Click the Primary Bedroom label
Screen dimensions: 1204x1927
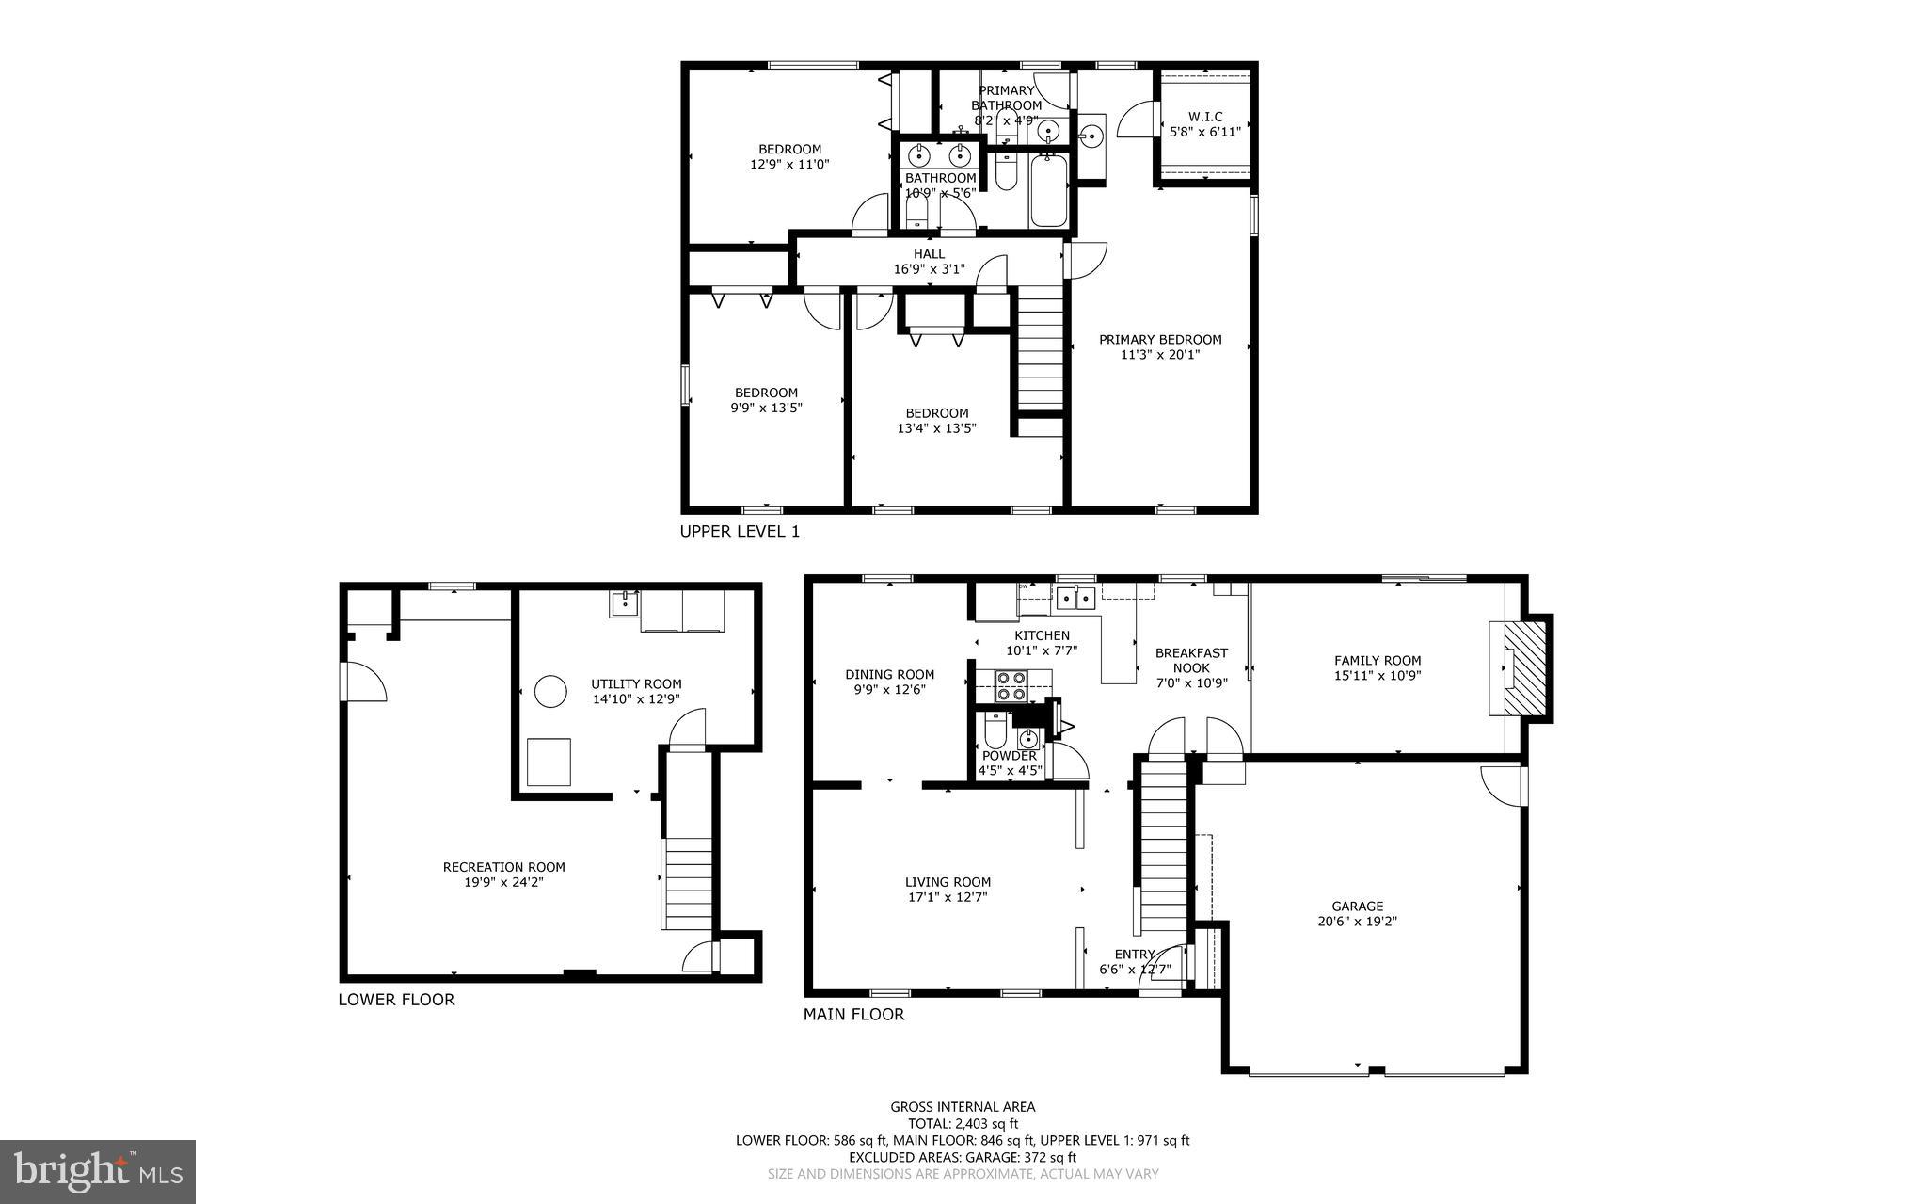click(x=1160, y=340)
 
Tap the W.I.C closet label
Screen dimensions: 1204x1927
click(x=1204, y=117)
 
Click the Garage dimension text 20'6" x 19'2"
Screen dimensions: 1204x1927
click(x=1357, y=923)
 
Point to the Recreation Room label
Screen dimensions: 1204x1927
click(x=503, y=867)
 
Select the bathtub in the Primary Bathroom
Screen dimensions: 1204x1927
click(x=1048, y=191)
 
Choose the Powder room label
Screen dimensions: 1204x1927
click(x=1010, y=756)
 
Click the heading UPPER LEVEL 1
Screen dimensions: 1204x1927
click(x=740, y=532)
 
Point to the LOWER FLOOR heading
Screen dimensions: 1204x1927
click(x=396, y=1000)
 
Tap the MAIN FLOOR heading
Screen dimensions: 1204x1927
click(x=853, y=1015)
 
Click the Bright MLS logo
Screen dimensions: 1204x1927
click(x=98, y=1171)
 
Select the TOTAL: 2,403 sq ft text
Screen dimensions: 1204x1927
click(x=963, y=1123)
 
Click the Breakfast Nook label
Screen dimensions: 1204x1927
click(x=1191, y=660)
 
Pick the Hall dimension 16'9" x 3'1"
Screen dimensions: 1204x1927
click(x=929, y=269)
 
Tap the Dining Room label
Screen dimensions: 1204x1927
click(x=889, y=674)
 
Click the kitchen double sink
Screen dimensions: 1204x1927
click(x=1075, y=596)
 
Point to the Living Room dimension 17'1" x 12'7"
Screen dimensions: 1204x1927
click(x=948, y=897)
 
